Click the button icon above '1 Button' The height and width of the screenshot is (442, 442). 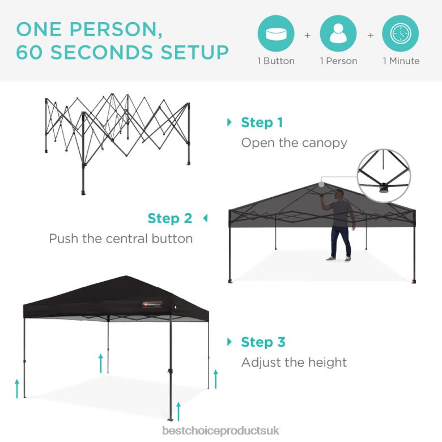[x=276, y=33]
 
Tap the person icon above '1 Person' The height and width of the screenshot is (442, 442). [x=338, y=33]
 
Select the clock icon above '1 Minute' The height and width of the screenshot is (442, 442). [x=401, y=33]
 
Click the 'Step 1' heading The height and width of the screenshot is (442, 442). [x=262, y=122]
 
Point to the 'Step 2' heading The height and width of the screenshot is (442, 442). [x=170, y=218]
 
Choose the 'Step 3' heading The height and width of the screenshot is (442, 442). [x=263, y=342]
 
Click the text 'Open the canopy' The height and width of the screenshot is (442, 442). [x=294, y=143]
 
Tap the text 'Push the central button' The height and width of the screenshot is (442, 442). [x=121, y=239]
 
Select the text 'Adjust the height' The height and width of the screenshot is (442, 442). [x=294, y=362]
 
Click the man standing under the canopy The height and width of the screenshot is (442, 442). [x=339, y=224]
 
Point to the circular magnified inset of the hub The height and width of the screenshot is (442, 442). [x=385, y=176]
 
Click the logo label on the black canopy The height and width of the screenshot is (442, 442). [x=152, y=305]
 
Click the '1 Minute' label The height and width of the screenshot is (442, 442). [x=401, y=61]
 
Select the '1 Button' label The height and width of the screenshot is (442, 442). [x=276, y=61]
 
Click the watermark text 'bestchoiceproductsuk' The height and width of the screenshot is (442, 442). [x=221, y=431]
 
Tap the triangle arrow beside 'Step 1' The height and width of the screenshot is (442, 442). [x=229, y=122]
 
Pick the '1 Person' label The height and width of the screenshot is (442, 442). [x=338, y=61]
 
